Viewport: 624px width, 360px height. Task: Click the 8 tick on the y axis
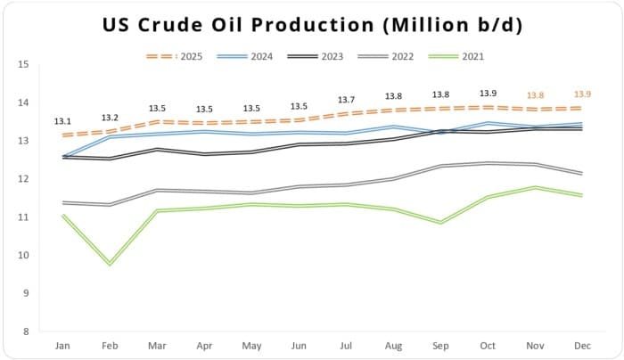click(x=25, y=331)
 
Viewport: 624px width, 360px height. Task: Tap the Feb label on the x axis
click(x=111, y=345)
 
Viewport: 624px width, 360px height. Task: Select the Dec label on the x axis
click(x=583, y=345)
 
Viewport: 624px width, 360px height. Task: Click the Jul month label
click(x=347, y=345)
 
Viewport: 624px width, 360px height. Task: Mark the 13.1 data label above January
click(x=63, y=121)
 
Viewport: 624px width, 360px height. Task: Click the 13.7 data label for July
click(x=347, y=100)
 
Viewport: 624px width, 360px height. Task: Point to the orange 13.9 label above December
click(x=583, y=94)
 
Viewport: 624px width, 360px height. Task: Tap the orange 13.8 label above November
click(x=536, y=95)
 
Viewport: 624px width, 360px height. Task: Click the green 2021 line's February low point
click(x=111, y=264)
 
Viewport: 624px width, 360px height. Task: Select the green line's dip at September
click(x=441, y=222)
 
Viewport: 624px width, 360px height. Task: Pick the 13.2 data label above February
click(x=111, y=118)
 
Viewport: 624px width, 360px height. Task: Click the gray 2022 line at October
click(x=489, y=163)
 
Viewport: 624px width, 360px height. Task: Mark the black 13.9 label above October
click(x=489, y=94)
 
